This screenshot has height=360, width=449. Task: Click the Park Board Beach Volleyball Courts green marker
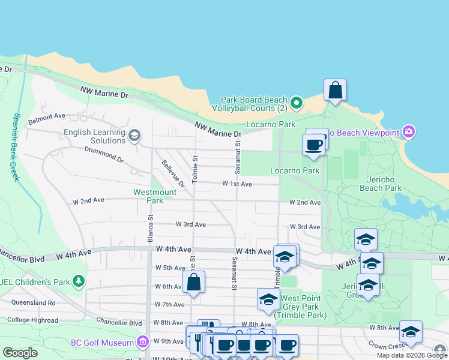click(296, 104)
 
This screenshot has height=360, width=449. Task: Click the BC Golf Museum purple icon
click(142, 343)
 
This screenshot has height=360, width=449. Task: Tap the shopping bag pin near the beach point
click(335, 91)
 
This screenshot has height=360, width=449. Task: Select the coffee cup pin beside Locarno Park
click(315, 145)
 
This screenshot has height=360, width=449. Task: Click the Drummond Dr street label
click(103, 156)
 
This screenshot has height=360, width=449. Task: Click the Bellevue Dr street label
click(173, 173)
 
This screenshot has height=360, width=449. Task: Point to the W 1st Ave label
click(237, 184)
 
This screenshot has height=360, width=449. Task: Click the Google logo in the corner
click(20, 353)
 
